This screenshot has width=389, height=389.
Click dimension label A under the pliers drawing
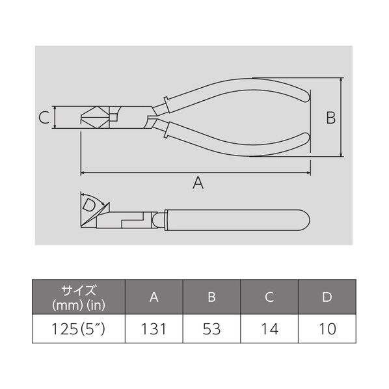198,183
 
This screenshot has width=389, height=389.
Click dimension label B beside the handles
331,118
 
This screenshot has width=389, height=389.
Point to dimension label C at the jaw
44,117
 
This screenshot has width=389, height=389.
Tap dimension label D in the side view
88,206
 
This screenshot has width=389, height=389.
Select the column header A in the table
154,297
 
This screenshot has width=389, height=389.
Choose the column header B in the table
211,297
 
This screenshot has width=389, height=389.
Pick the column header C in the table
269,297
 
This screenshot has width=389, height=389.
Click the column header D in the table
327,297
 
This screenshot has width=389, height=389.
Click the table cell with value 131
154,329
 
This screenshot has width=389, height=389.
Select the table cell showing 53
211,329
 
